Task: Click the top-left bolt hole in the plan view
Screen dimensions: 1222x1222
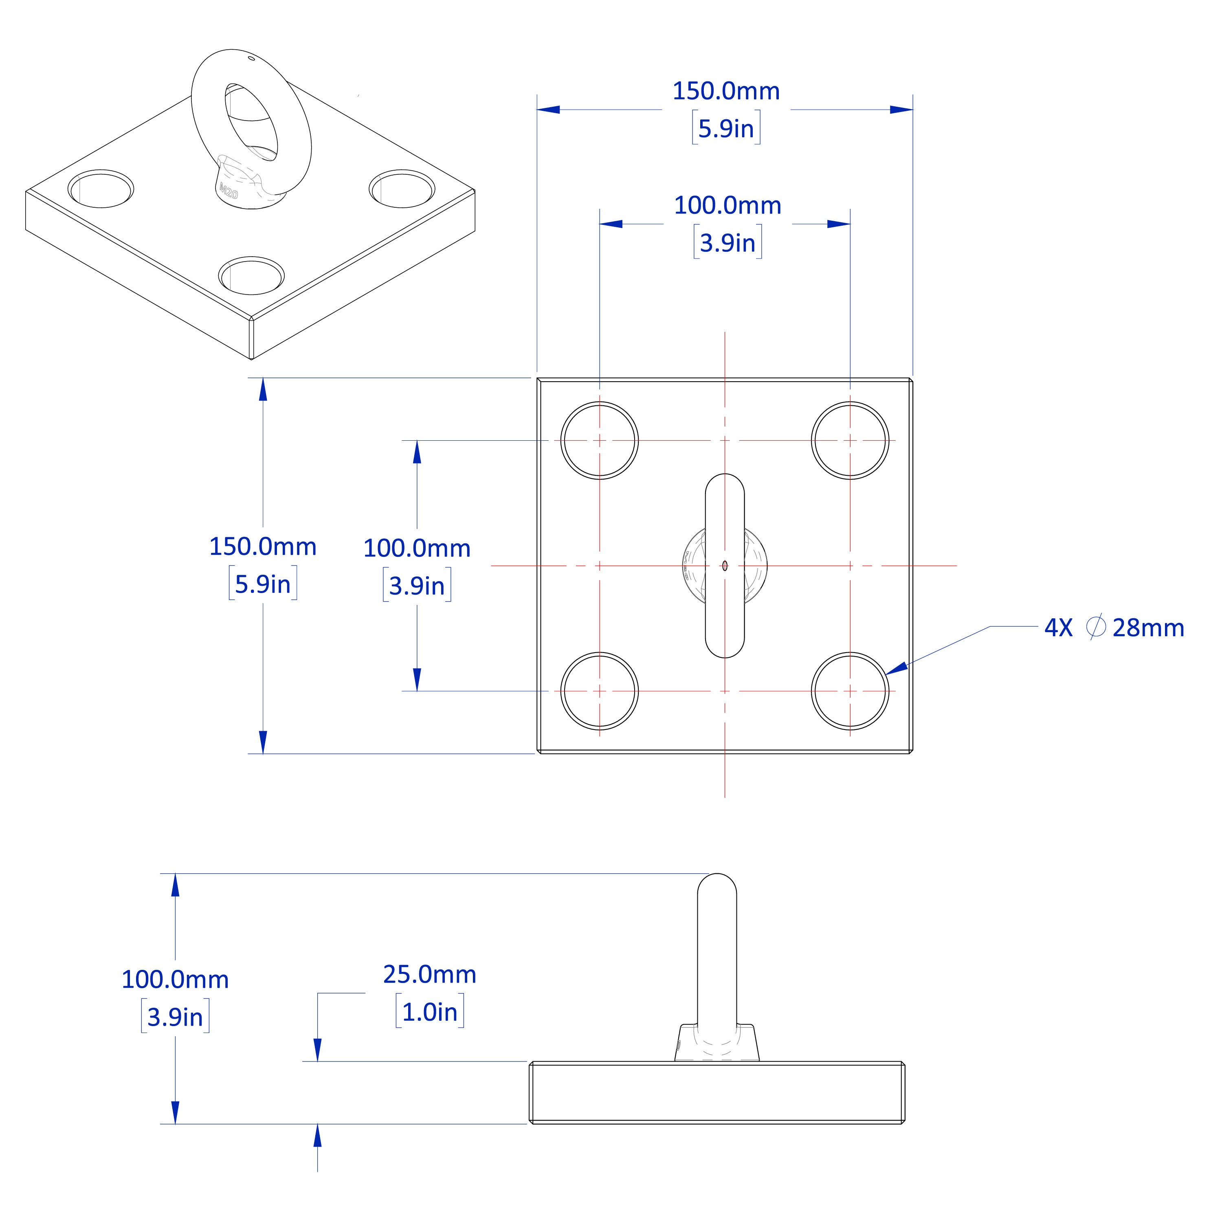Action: (599, 440)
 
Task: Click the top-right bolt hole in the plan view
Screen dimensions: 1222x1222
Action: (850, 440)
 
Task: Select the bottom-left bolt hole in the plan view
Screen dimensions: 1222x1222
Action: (599, 691)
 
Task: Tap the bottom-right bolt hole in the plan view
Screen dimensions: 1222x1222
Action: (850, 691)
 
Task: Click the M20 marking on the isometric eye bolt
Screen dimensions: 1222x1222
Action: (229, 190)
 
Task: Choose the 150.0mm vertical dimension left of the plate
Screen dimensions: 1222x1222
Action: (262, 547)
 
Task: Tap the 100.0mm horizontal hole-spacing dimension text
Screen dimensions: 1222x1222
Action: (727, 206)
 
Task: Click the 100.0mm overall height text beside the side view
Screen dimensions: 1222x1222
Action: (175, 980)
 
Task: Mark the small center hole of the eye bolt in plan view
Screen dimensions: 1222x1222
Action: (725, 565)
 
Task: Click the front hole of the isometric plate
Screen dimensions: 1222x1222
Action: (251, 275)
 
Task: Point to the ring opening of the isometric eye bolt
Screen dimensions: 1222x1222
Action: (251, 120)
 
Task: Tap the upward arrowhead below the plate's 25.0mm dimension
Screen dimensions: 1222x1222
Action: (318, 1135)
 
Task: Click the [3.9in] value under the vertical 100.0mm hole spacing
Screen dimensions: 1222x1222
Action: (417, 586)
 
